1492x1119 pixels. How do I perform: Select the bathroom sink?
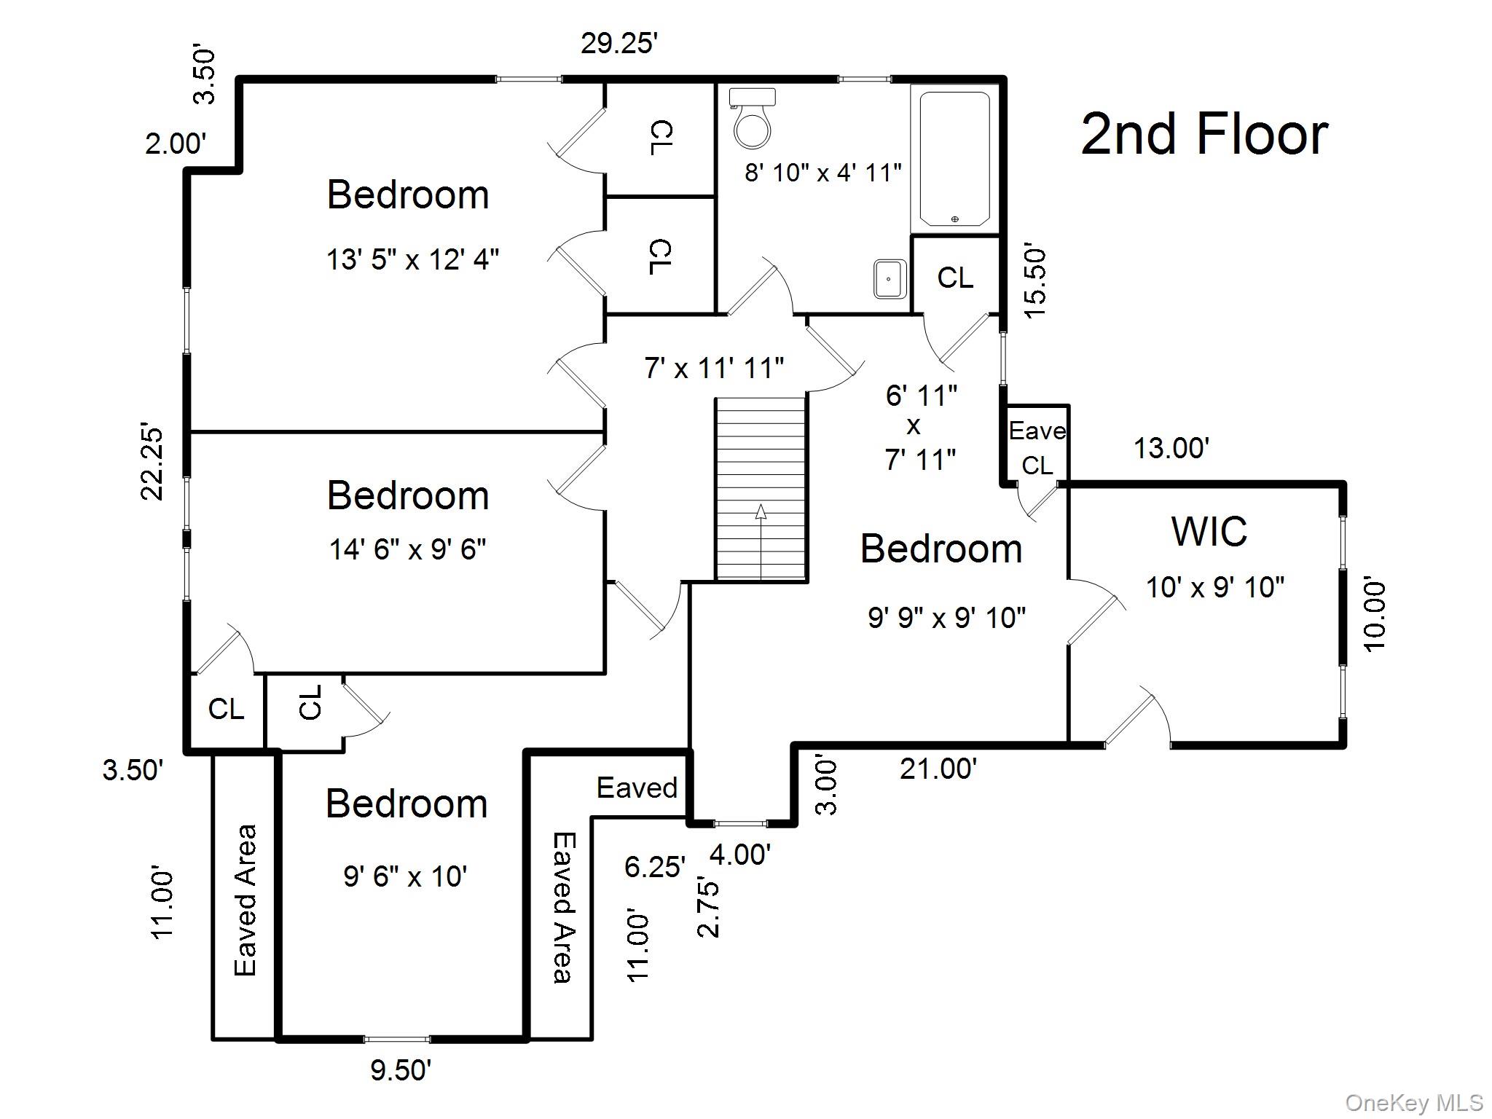(890, 278)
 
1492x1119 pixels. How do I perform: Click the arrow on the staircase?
(761, 511)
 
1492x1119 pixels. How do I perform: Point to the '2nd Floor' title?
(1204, 135)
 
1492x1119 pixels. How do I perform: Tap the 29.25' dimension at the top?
(619, 44)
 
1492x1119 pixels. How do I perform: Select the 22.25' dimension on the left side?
(152, 460)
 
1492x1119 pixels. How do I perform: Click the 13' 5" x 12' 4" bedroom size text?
(412, 259)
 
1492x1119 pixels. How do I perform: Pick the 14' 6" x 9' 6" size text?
(407, 549)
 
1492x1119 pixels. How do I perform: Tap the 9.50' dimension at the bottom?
(401, 1070)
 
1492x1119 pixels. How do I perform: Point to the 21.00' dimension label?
(938, 769)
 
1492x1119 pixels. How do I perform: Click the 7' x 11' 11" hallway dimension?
(713, 368)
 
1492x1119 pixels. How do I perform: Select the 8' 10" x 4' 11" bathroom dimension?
(822, 173)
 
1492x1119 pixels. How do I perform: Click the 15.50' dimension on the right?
(1035, 283)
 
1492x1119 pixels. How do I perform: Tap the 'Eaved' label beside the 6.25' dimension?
(637, 788)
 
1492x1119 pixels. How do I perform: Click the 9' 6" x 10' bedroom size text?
(405, 876)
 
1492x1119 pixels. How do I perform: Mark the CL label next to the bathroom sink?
(955, 278)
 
